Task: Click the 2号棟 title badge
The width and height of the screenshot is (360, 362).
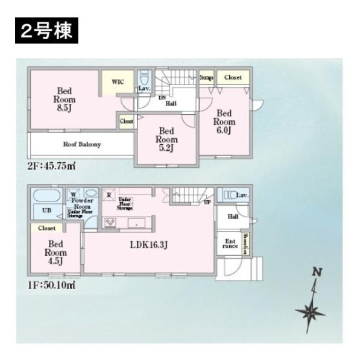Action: pyautogui.click(x=45, y=31)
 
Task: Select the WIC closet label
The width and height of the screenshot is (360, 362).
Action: pyautogui.click(x=117, y=81)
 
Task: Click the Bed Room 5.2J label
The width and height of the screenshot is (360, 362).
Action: pyautogui.click(x=166, y=139)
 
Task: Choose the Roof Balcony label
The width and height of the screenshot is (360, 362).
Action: pyautogui.click(x=82, y=145)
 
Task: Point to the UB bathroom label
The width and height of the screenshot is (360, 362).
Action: pyautogui.click(x=46, y=211)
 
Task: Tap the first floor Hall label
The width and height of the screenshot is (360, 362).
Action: pyautogui.click(x=232, y=217)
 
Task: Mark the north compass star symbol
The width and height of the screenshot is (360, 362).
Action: pyautogui.click(x=310, y=312)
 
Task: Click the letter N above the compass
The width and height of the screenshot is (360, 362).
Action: pyautogui.click(x=315, y=273)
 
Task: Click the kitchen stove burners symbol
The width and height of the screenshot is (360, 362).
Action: pyautogui.click(x=112, y=223)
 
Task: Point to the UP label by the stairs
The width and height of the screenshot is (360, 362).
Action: pyautogui.click(x=207, y=202)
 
